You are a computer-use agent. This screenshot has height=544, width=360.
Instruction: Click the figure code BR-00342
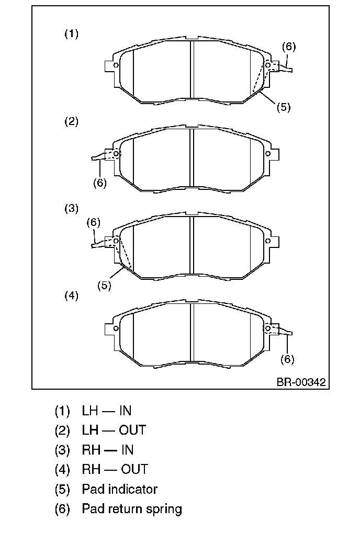(x=301, y=382)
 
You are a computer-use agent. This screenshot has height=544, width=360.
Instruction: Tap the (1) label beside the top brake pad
(x=72, y=34)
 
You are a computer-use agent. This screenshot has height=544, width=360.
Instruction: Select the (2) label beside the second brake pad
(x=72, y=121)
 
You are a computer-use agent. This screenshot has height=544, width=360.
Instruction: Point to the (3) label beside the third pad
(x=72, y=209)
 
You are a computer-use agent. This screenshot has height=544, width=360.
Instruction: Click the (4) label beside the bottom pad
(x=72, y=296)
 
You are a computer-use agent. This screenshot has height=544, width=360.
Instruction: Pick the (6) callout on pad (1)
(x=289, y=47)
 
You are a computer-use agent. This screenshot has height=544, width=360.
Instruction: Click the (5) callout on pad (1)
(x=284, y=107)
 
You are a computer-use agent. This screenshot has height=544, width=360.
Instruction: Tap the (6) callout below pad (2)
(x=100, y=183)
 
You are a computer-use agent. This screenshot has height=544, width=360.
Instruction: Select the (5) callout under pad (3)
(x=105, y=286)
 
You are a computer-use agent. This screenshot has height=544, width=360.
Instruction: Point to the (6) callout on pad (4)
(x=287, y=359)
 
